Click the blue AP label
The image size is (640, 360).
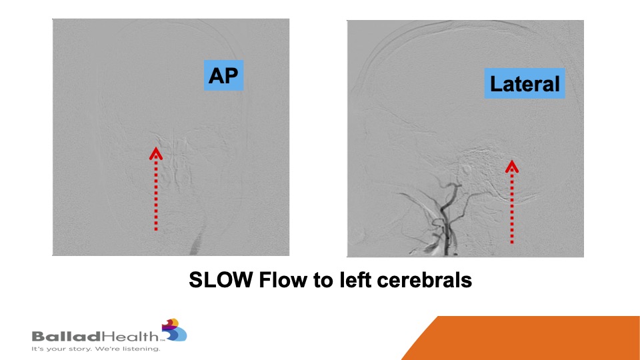(x=224, y=75)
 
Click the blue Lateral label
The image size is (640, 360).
(x=525, y=83)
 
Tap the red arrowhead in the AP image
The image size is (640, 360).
(x=156, y=153)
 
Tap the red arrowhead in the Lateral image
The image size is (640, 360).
(x=512, y=166)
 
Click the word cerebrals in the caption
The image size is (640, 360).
(x=425, y=281)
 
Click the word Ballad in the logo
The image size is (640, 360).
(x=66, y=337)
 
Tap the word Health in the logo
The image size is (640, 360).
(x=129, y=336)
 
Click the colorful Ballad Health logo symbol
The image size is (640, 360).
(x=175, y=330)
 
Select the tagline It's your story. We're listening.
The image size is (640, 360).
(x=96, y=349)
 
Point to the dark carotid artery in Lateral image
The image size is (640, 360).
(x=446, y=221)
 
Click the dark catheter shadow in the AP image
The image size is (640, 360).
(x=197, y=243)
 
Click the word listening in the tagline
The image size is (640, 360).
(x=143, y=349)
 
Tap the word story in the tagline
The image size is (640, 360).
(x=72, y=349)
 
